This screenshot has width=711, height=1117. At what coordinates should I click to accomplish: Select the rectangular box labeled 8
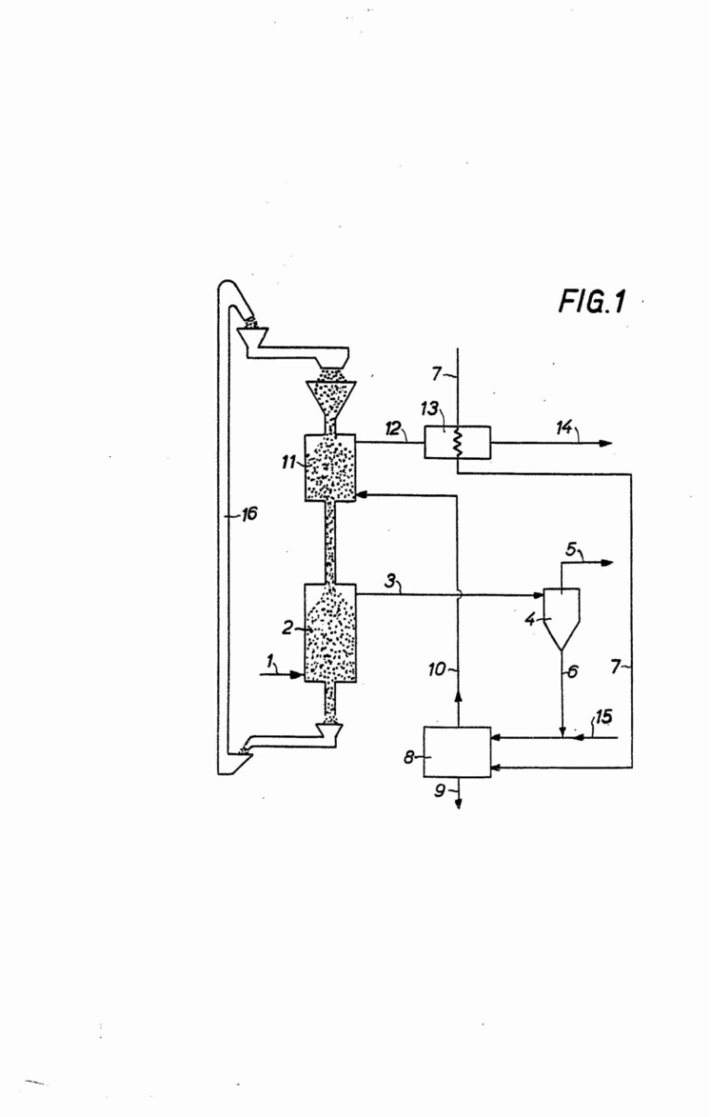point(457,751)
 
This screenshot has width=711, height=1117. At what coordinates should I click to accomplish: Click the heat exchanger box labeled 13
point(457,441)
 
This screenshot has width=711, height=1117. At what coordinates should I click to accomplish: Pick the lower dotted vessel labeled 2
point(331,632)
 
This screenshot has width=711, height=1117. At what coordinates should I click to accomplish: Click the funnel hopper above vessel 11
point(330,400)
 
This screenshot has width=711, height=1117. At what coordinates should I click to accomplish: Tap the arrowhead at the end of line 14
point(606,442)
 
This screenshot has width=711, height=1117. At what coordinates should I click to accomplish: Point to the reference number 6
point(572,671)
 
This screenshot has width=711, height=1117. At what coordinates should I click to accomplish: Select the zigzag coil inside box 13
point(458,441)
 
